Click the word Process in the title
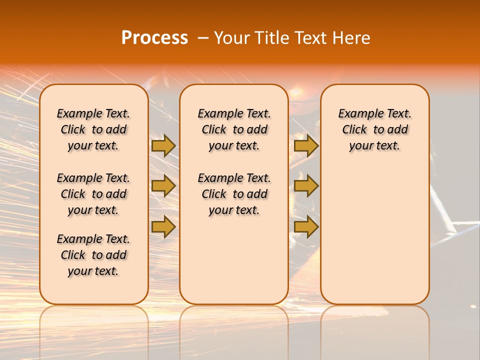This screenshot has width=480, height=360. pyautogui.click(x=154, y=37)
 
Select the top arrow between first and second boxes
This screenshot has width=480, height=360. pyautogui.click(x=163, y=146)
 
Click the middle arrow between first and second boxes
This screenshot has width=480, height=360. pyautogui.click(x=163, y=186)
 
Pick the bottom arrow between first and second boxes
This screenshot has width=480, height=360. pyautogui.click(x=163, y=227)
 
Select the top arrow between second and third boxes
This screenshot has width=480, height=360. pyautogui.click(x=306, y=146)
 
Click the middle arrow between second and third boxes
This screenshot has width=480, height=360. pyautogui.click(x=306, y=186)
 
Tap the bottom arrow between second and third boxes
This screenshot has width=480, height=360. pyautogui.click(x=306, y=227)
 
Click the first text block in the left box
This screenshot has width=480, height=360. pyautogui.click(x=93, y=129)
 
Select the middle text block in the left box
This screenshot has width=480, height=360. pyautogui.click(x=93, y=194)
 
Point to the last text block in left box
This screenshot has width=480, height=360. pyautogui.click(x=93, y=255)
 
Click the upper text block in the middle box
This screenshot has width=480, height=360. pyautogui.click(x=234, y=129)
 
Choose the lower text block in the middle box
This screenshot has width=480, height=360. pyautogui.click(x=234, y=194)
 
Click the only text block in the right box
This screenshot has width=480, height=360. pyautogui.click(x=375, y=129)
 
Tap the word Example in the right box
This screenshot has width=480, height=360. pyautogui.click(x=358, y=114)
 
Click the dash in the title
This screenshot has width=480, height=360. pyautogui.click(x=202, y=38)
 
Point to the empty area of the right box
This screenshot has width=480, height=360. pyautogui.click(x=375, y=230)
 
